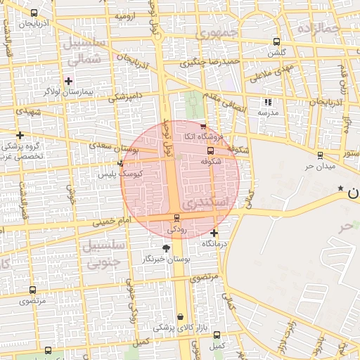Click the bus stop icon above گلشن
point(276,41)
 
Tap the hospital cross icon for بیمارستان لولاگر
point(68,81)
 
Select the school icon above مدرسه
point(268,102)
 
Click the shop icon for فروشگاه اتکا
point(203,126)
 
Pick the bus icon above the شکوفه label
point(210,150)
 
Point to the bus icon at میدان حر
point(320,155)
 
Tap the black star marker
point(341,188)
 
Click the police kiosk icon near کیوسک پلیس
point(121,163)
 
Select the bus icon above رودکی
point(176,219)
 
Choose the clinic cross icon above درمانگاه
point(214,233)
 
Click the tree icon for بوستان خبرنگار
point(167,248)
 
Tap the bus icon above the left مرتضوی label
point(33,290)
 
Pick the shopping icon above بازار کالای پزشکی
point(181,317)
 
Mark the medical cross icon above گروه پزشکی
point(20,135)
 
